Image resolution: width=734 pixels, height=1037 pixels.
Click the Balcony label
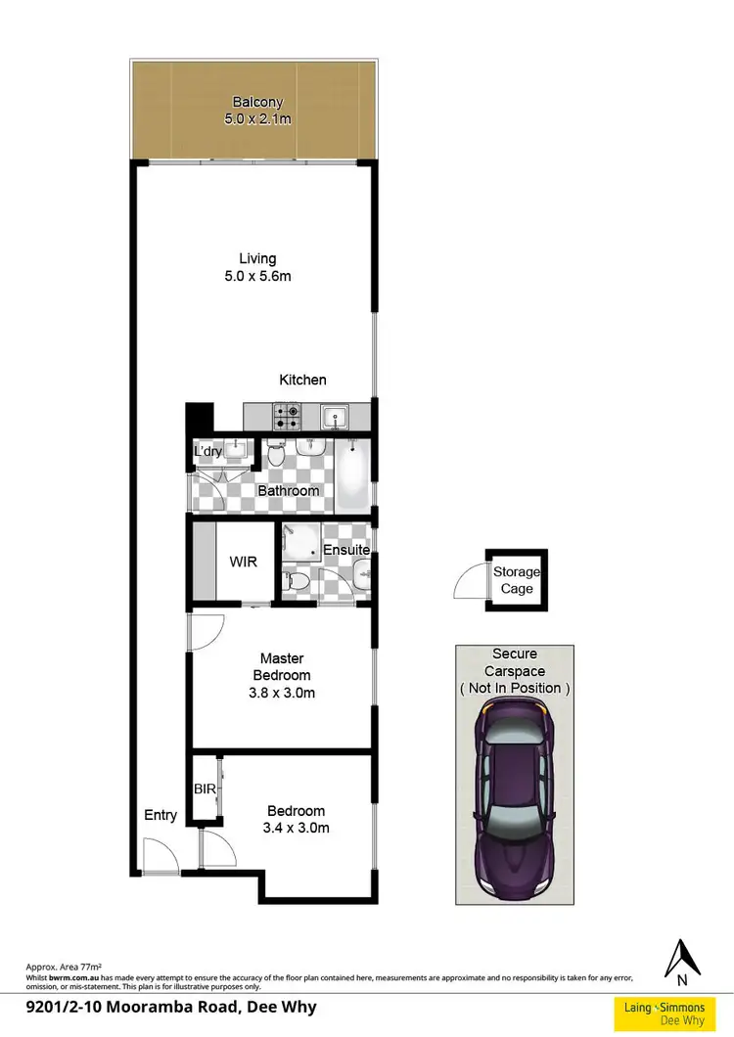pos(257,101)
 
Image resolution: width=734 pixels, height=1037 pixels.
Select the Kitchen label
pos(302,380)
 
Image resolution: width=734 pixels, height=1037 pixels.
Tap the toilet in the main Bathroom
pos(276,455)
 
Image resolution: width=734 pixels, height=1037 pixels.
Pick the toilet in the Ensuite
pos(301,583)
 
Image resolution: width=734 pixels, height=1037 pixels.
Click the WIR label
pos(244,563)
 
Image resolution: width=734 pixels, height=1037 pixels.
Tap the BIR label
pos(204,787)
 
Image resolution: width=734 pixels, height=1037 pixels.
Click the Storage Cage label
pos(517,580)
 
